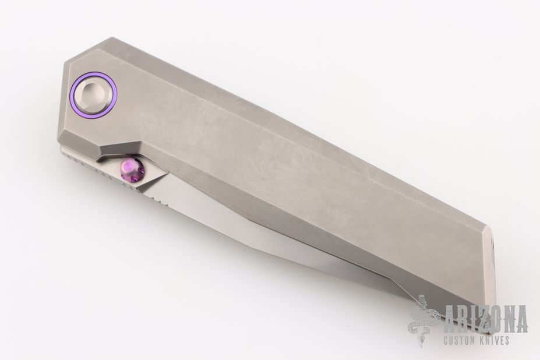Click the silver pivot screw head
(x=94, y=96)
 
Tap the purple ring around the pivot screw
(x=70, y=96)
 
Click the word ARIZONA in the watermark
(x=486, y=319)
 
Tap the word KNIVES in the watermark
(x=497, y=341)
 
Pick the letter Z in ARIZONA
(x=481, y=319)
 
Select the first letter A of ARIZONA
(x=451, y=319)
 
